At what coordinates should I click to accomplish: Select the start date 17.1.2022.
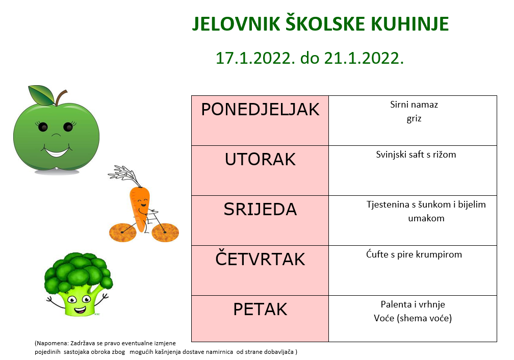click(x=253, y=58)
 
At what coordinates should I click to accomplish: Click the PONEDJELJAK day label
click(x=260, y=110)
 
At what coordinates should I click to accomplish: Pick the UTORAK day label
click(x=260, y=159)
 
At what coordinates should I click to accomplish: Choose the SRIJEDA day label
click(x=260, y=209)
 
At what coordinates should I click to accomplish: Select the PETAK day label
click(x=260, y=309)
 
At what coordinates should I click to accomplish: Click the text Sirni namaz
click(x=414, y=105)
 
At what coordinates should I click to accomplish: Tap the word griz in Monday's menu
click(x=414, y=119)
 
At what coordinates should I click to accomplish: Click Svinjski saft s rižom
click(x=416, y=155)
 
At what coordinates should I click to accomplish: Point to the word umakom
click(x=426, y=218)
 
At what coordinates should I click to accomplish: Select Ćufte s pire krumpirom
click(x=414, y=254)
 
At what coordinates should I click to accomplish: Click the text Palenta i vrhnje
click(x=413, y=304)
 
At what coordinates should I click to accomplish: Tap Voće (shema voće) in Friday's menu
click(x=413, y=318)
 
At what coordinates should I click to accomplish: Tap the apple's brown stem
click(x=60, y=97)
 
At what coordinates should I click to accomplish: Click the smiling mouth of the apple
click(x=57, y=152)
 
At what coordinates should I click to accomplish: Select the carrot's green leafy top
click(x=124, y=175)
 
